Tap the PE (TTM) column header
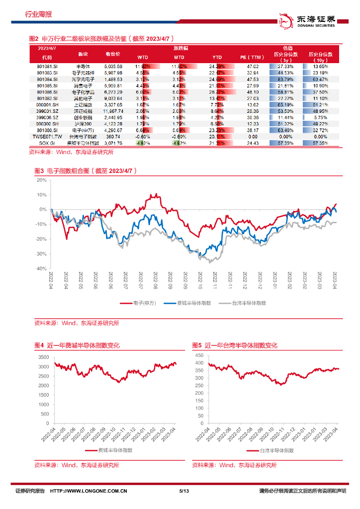pyautogui.click(x=253, y=57)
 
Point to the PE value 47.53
pyautogui.click(x=253, y=79)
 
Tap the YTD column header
pyautogui.click(x=217, y=57)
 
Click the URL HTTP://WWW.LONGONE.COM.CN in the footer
pyautogui.click(x=90, y=492)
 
